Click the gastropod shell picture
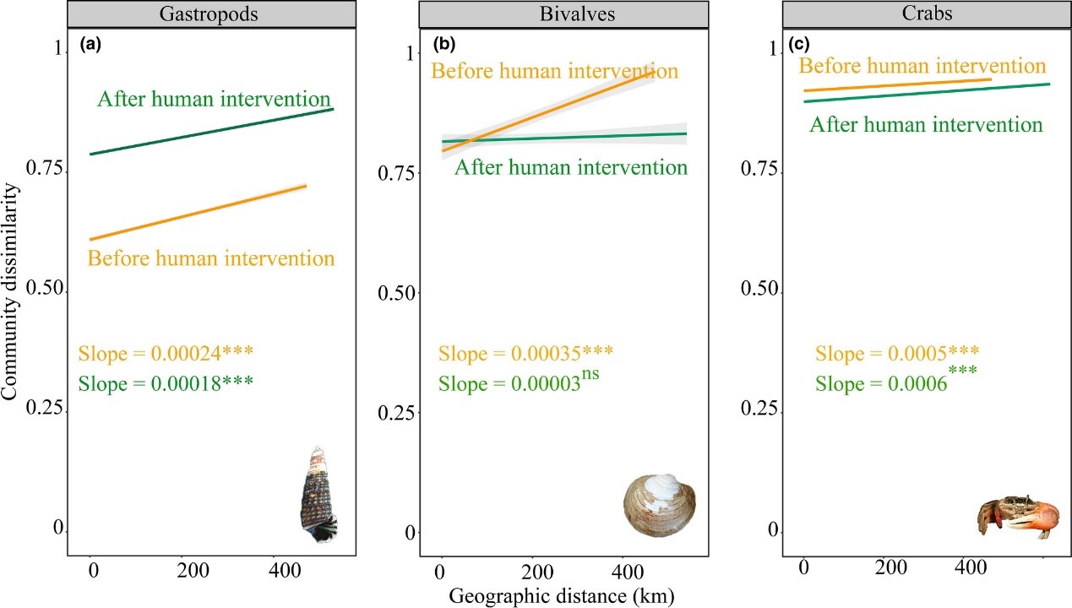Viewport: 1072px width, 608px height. [318, 495]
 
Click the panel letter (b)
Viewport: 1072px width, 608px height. [445, 43]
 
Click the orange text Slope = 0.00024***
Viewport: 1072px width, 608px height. [166, 354]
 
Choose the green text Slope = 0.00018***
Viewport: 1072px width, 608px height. [166, 383]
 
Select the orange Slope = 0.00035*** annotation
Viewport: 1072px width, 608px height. [525, 354]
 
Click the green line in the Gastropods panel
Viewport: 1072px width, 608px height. [211, 132]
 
